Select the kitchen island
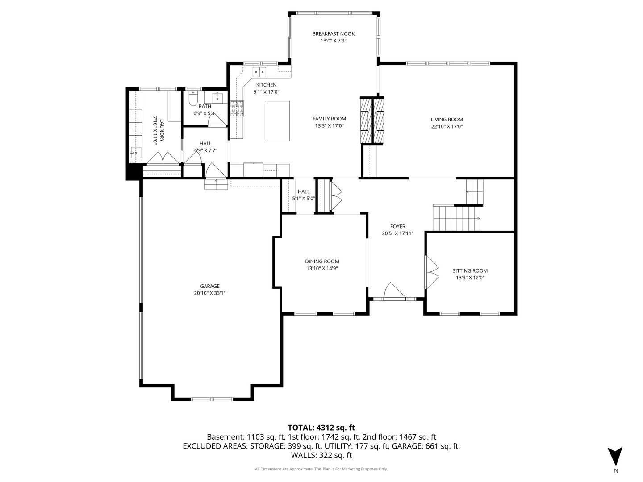(x=277, y=121)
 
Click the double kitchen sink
(x=260, y=71)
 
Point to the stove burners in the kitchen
(x=237, y=108)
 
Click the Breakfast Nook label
(x=334, y=34)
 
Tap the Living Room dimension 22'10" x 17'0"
(x=447, y=126)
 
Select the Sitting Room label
(x=470, y=270)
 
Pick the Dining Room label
(x=322, y=262)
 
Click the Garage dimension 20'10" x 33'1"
(x=210, y=293)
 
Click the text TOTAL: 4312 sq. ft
(x=321, y=428)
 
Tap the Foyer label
(x=397, y=226)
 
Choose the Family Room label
(x=329, y=119)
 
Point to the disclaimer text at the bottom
(x=321, y=469)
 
